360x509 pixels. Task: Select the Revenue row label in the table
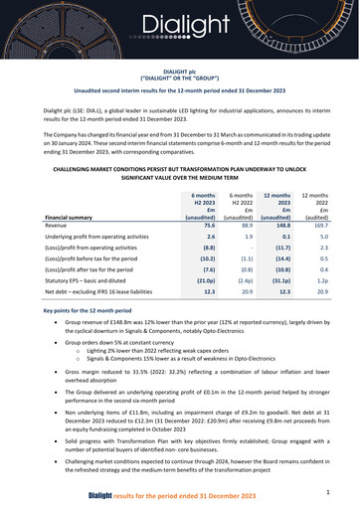click(x=62, y=197)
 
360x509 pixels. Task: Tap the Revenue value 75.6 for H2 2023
click(x=209, y=197)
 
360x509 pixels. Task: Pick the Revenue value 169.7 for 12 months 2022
click(x=319, y=197)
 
